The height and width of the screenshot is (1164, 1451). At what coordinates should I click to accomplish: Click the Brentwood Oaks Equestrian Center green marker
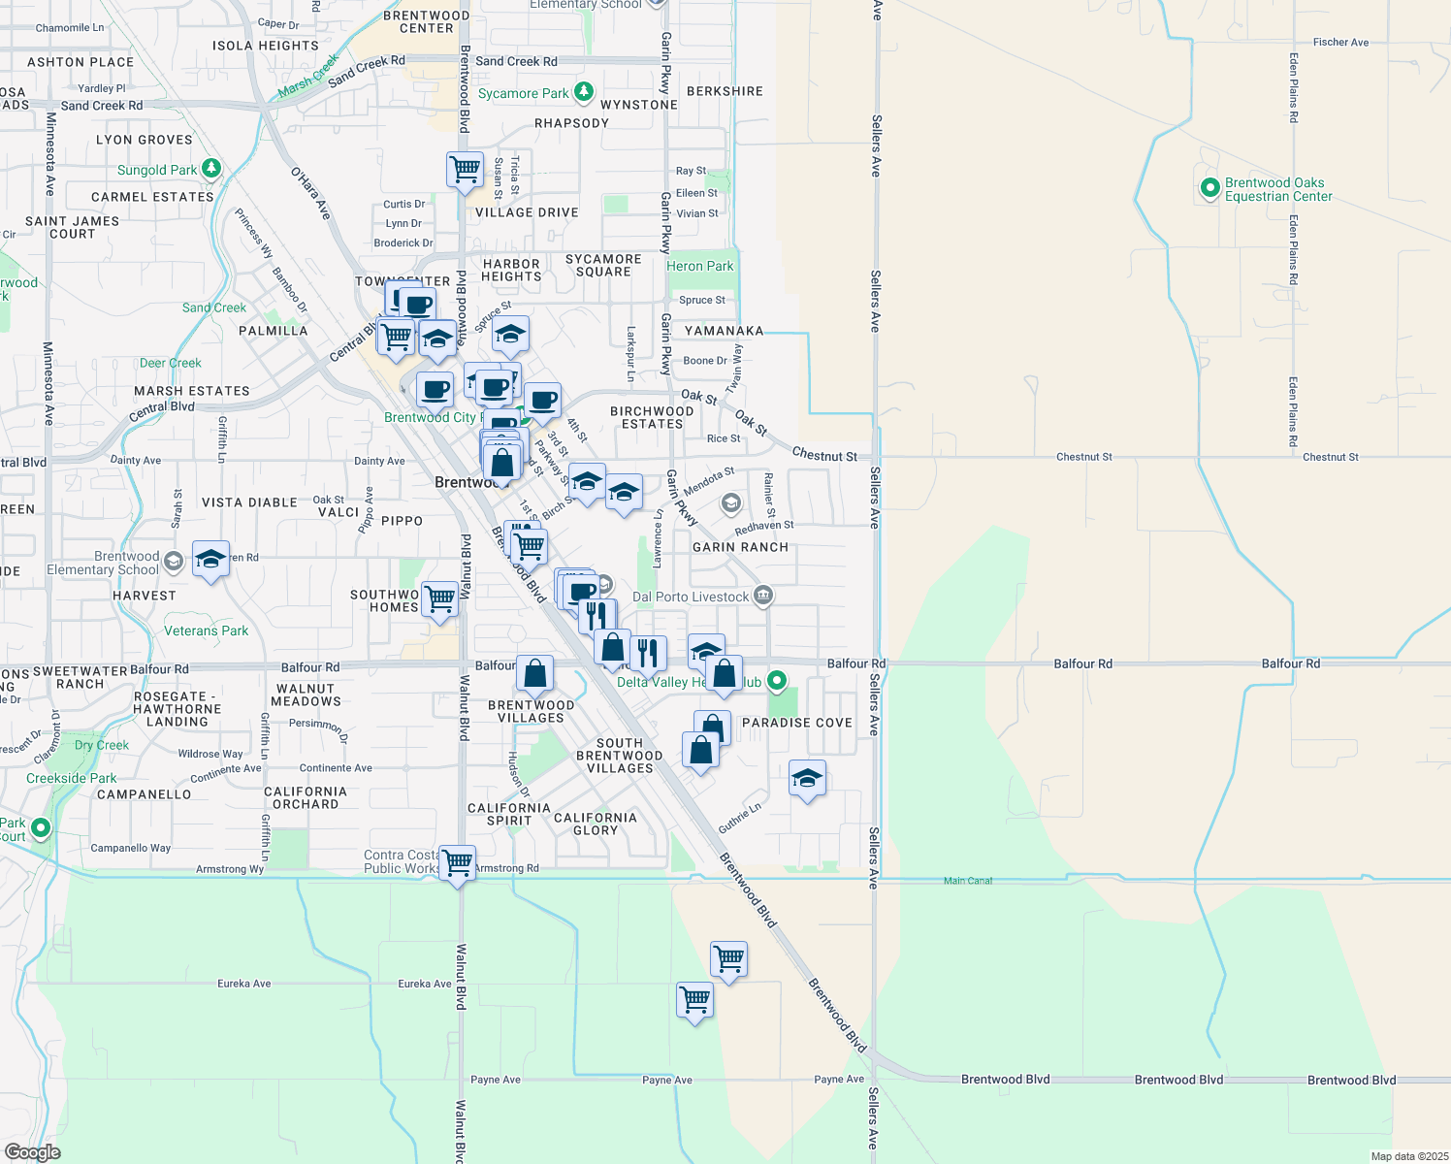tap(1209, 188)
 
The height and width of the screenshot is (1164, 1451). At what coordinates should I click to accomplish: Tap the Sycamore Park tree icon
tap(583, 92)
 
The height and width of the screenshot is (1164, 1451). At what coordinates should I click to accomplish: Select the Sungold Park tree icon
tap(210, 169)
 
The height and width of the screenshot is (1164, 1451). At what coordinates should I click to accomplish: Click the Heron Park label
tap(699, 266)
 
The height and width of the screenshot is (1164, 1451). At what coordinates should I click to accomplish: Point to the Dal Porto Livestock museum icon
tap(763, 596)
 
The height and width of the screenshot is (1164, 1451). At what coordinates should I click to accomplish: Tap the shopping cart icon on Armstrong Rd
tap(457, 860)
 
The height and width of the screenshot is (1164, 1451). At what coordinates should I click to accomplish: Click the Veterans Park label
tap(206, 630)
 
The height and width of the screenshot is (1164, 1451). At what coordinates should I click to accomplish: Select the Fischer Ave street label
tap(1340, 43)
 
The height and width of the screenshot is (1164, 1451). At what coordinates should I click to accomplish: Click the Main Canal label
tap(968, 881)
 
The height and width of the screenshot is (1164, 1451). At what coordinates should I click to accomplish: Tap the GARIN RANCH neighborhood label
tap(740, 547)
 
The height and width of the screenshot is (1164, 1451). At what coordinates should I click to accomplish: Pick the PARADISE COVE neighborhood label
tap(796, 723)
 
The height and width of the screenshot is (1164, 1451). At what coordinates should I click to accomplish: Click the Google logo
tap(32, 1152)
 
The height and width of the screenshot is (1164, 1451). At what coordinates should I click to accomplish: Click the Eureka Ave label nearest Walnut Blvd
tap(424, 984)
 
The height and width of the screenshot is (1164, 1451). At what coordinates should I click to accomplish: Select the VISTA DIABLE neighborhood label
tap(249, 502)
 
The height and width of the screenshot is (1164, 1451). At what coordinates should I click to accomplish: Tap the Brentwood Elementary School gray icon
tap(174, 561)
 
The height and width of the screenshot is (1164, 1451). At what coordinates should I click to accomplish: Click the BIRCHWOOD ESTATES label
tap(652, 417)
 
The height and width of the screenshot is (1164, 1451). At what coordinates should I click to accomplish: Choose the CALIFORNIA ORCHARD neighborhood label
tap(305, 797)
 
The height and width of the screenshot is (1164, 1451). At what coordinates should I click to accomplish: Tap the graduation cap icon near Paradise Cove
tap(807, 777)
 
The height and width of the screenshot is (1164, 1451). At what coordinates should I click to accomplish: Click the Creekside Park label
tap(71, 778)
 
